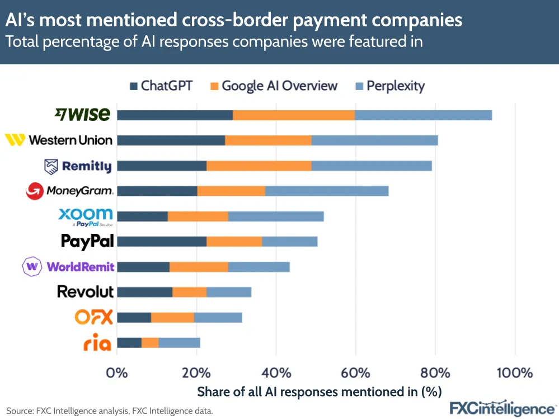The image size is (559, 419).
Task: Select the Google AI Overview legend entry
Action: point(274,86)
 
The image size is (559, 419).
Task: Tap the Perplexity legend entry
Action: point(390,86)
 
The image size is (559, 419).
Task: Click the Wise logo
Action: point(82,115)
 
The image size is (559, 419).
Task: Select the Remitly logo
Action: point(78,166)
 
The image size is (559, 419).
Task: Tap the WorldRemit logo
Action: point(68,266)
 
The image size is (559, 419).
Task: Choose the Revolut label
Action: point(85,291)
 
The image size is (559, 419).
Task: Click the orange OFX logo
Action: point(94,317)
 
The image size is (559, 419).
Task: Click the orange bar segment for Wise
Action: point(294,115)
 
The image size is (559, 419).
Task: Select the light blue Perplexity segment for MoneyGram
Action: point(327,191)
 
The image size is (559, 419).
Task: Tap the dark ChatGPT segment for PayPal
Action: point(162,242)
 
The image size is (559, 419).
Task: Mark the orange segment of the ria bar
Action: point(150,343)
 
